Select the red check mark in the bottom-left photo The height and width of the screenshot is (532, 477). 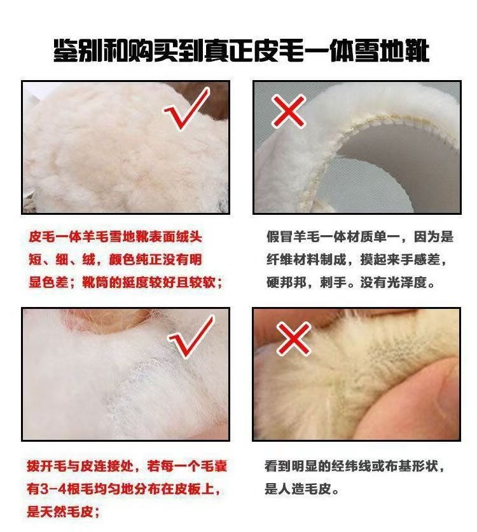[x=190, y=338]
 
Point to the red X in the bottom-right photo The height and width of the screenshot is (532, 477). [x=294, y=338]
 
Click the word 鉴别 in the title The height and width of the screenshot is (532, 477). [x=78, y=51]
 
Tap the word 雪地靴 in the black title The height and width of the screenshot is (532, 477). [x=392, y=51]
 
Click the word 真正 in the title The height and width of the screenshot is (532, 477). [x=229, y=51]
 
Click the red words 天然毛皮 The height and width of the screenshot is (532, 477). [x=66, y=512]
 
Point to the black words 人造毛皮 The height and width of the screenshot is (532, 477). [x=304, y=489]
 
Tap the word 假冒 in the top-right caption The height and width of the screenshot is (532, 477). [x=280, y=237]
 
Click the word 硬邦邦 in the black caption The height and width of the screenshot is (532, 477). [x=286, y=282]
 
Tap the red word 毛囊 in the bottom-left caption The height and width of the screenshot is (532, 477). [x=214, y=467]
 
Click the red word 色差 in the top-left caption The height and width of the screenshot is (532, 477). [x=55, y=282]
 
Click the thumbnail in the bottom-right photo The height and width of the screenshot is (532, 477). [x=424, y=400]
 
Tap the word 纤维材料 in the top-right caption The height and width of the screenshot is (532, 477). [x=293, y=259]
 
